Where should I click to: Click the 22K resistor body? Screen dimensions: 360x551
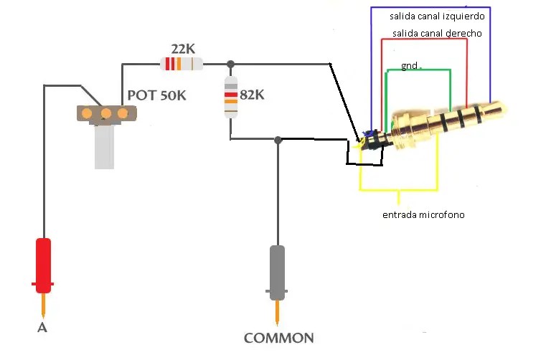point(181,65)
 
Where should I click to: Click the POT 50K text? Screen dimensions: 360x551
point(156,95)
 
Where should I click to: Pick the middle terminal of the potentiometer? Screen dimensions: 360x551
point(106,113)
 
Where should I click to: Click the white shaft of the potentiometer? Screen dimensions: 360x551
point(105,147)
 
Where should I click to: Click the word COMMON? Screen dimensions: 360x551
point(278,338)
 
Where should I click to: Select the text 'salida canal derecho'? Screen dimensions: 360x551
point(437,34)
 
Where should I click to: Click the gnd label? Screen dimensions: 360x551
point(410,65)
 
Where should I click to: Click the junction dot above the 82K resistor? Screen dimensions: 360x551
point(230,65)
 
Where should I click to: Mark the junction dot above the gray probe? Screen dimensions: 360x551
point(278,140)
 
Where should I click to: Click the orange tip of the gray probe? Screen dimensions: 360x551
point(278,313)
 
